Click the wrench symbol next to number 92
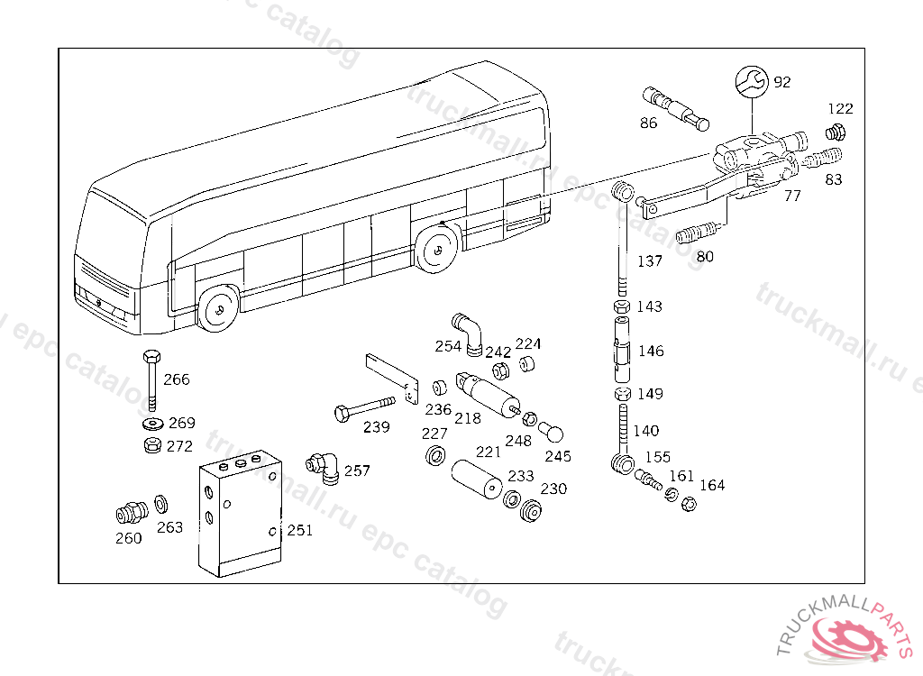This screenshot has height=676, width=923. [751, 81]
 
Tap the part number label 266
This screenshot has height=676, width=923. [177, 379]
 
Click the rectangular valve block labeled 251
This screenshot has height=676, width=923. [240, 514]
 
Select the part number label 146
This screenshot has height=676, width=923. [650, 351]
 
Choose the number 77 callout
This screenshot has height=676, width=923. [792, 196]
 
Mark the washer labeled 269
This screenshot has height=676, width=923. [151, 423]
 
